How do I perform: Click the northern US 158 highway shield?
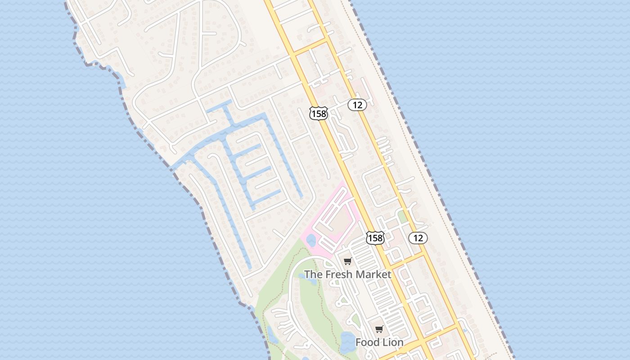(x=319, y=113)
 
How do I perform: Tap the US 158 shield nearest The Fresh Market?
(x=375, y=238)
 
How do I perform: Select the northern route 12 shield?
(x=357, y=105)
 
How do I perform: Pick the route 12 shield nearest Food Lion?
(x=418, y=238)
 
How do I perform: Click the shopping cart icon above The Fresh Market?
(x=347, y=261)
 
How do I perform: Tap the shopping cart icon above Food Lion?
(x=379, y=329)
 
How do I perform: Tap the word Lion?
(x=393, y=342)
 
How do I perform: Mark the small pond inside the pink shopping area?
(x=311, y=240)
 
